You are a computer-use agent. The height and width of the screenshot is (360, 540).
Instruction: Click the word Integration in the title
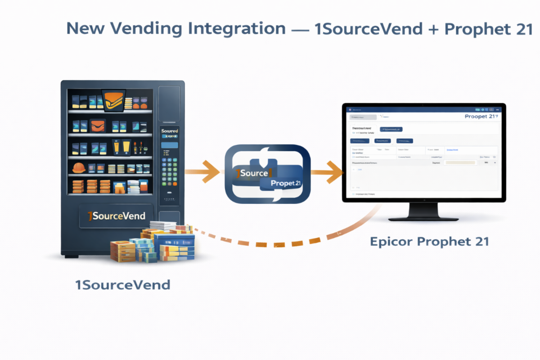click(237, 29)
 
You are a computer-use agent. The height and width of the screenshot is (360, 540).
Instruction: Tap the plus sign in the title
click(433, 29)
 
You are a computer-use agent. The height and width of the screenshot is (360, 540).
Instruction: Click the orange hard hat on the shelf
click(79, 167)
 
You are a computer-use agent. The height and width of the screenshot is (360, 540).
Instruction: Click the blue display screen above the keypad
click(169, 145)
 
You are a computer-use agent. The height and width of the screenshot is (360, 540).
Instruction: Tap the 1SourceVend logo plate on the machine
click(116, 216)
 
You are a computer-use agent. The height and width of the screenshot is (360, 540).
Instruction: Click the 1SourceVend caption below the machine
click(123, 285)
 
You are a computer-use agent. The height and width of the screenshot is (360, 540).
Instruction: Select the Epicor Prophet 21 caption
click(429, 242)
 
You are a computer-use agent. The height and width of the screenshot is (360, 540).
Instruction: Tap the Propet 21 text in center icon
click(286, 184)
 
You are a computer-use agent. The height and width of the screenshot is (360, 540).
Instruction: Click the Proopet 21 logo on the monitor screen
click(480, 117)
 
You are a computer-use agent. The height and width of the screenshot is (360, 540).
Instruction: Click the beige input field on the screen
click(460, 162)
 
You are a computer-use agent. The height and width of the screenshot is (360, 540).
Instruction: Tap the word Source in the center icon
click(255, 173)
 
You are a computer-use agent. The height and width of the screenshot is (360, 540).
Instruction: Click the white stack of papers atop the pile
click(162, 225)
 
